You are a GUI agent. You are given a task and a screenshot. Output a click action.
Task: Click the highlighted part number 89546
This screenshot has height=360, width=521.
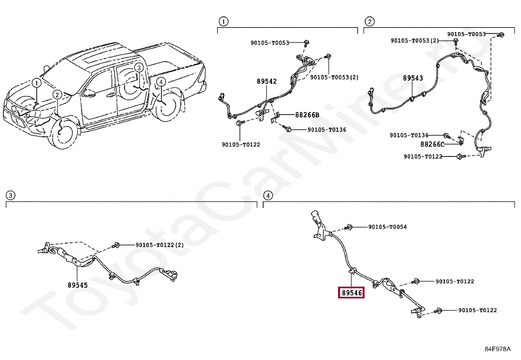tap(351, 293)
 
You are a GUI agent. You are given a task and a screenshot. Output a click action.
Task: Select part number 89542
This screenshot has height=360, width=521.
tap(267, 81)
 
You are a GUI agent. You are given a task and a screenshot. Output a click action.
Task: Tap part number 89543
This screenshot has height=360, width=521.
tap(413, 78)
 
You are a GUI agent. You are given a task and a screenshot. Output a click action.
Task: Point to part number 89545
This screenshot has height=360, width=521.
tap(78, 285)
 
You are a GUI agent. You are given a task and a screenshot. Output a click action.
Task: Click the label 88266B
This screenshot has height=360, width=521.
tap(307, 115)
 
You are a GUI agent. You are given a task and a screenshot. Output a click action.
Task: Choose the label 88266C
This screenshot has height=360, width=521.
tap(432, 144)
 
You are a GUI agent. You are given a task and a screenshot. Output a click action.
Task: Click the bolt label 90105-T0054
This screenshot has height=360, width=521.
tap(387, 227)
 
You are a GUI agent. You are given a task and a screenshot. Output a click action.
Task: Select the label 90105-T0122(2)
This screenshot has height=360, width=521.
tap(160, 245)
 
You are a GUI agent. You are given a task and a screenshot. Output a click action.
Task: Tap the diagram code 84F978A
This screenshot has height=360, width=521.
tap(497, 349)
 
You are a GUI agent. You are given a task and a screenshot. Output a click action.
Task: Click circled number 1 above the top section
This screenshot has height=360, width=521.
tap(223, 22)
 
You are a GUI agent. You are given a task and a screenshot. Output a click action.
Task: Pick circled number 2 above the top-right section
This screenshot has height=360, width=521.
tap(369, 22)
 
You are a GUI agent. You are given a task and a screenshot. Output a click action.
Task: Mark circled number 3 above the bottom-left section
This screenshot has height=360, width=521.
tap(10, 196)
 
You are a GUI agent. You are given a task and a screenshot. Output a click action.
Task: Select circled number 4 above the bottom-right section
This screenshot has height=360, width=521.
tap(268, 196)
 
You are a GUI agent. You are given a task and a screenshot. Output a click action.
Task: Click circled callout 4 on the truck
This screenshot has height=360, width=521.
tap(161, 82)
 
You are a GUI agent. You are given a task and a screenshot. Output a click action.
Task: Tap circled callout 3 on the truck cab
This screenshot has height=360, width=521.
tap(139, 68)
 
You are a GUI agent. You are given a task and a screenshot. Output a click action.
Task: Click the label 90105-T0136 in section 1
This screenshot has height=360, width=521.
tap(327, 130)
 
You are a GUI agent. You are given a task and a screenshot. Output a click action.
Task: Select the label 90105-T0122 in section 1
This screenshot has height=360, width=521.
tap(241, 144)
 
